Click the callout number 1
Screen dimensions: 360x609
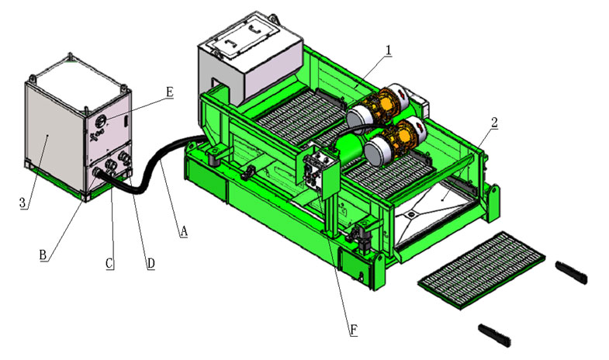(388, 50)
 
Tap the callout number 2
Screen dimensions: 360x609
(493, 121)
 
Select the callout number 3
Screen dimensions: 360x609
(23, 203)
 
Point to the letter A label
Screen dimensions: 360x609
(184, 230)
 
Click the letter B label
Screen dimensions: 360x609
(44, 253)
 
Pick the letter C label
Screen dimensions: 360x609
(110, 264)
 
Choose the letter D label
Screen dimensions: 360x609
(151, 264)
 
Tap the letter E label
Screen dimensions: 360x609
(169, 92)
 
